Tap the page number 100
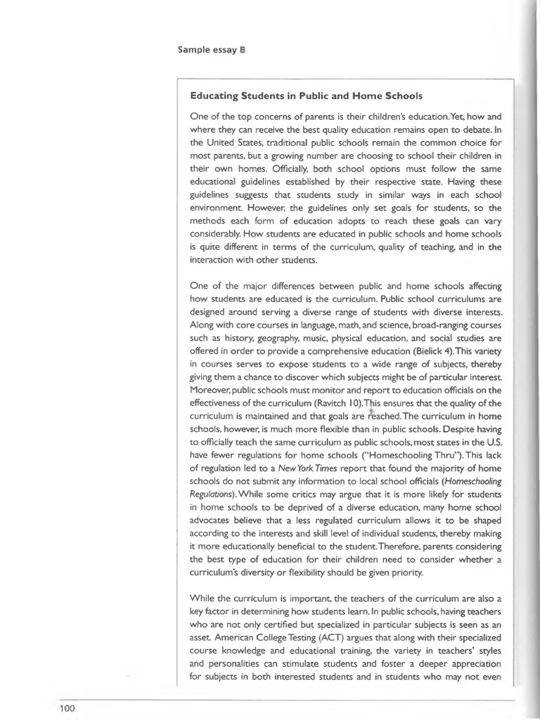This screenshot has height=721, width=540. coord(67,708)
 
